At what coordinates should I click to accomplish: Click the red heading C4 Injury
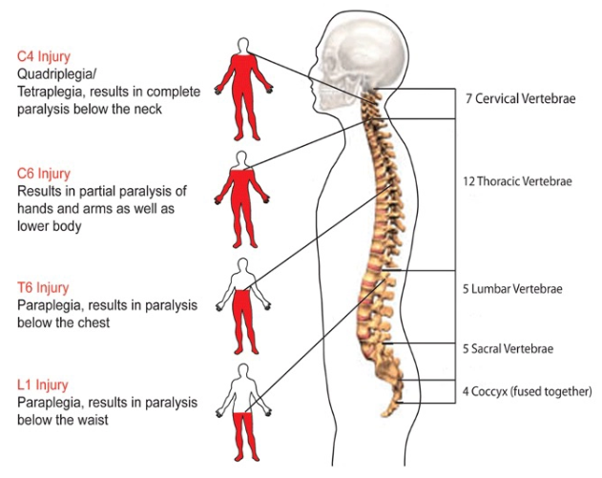pos(44,56)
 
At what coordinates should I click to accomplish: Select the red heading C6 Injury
pos(44,174)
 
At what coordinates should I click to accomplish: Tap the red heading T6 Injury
pos(43,287)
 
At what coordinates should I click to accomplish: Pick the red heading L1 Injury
pos(43,384)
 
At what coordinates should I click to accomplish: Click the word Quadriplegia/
pos(57,74)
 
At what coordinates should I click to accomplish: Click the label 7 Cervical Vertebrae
pos(521,98)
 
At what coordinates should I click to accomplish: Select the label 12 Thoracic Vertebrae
pos(517,181)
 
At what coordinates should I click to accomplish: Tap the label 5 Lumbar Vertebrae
pos(512,289)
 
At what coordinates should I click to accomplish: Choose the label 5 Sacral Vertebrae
pos(508,348)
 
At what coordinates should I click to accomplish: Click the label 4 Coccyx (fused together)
pos(527,391)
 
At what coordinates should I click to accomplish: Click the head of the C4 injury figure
pos(243,45)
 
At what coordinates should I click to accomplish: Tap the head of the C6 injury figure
pos(242,159)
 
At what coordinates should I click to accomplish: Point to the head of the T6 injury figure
pos(242,266)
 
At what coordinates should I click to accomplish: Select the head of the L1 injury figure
pos(242,372)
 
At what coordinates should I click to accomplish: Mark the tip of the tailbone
pos(384,415)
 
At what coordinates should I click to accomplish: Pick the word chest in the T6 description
pos(93,322)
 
